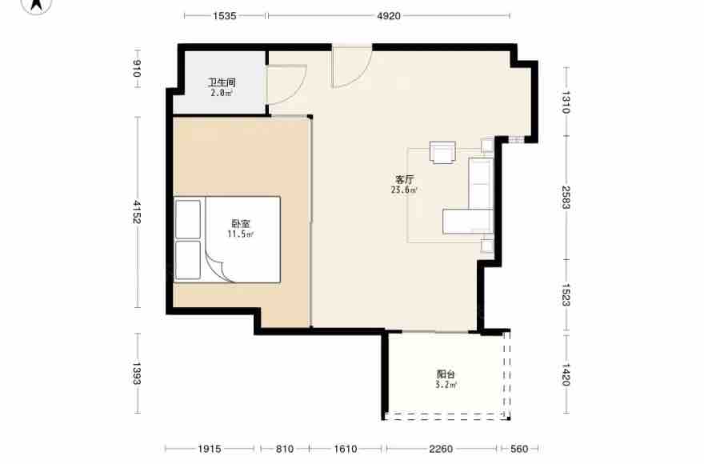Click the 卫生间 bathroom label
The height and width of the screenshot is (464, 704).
pos(222,82)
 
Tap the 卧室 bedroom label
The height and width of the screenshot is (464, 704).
pos(241,223)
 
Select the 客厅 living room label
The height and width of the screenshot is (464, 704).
pos(404,180)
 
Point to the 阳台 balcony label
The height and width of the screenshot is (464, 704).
pos(446,374)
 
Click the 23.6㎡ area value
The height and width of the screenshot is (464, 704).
pos(404,190)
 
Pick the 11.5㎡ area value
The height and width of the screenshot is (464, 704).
pos(241,234)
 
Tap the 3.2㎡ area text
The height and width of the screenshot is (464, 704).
pos(446,385)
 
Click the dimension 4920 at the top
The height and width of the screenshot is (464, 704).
pos(389,16)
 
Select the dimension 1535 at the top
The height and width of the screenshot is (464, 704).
pos(225,16)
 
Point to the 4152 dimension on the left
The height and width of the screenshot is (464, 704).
pos(137,212)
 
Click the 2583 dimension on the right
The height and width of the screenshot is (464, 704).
pos(566,198)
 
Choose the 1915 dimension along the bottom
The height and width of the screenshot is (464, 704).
pos(210,449)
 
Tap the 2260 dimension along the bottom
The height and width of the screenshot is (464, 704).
pos(441,449)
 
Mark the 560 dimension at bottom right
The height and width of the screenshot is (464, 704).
pos(519,449)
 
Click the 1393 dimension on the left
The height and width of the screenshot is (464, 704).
pos(137,374)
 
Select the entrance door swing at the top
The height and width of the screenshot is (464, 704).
pos(362,73)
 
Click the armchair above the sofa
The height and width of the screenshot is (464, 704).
pos(442,152)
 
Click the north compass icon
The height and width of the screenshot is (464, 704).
pos(37,5)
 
